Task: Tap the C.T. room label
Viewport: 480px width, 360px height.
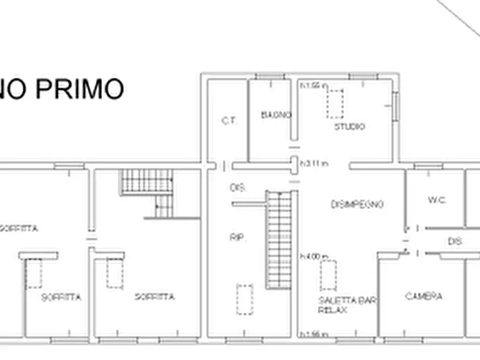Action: (229, 121)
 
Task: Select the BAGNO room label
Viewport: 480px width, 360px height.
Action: (276, 115)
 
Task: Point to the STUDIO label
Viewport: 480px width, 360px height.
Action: (349, 127)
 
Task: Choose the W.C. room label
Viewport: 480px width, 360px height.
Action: (437, 200)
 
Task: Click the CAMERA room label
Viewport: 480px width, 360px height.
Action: (424, 296)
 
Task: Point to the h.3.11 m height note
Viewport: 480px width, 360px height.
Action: (314, 163)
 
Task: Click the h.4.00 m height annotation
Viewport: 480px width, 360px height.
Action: (314, 256)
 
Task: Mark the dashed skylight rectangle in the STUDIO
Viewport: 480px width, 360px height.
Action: (335, 104)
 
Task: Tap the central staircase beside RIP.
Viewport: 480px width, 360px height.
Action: (278, 240)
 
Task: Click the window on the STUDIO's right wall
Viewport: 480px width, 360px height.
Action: (396, 106)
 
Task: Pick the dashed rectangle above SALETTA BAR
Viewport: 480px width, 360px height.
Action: (328, 275)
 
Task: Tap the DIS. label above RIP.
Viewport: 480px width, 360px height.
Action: (238, 188)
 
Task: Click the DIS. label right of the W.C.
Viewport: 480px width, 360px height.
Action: (455, 242)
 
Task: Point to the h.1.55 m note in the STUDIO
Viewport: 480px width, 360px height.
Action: (314, 85)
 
